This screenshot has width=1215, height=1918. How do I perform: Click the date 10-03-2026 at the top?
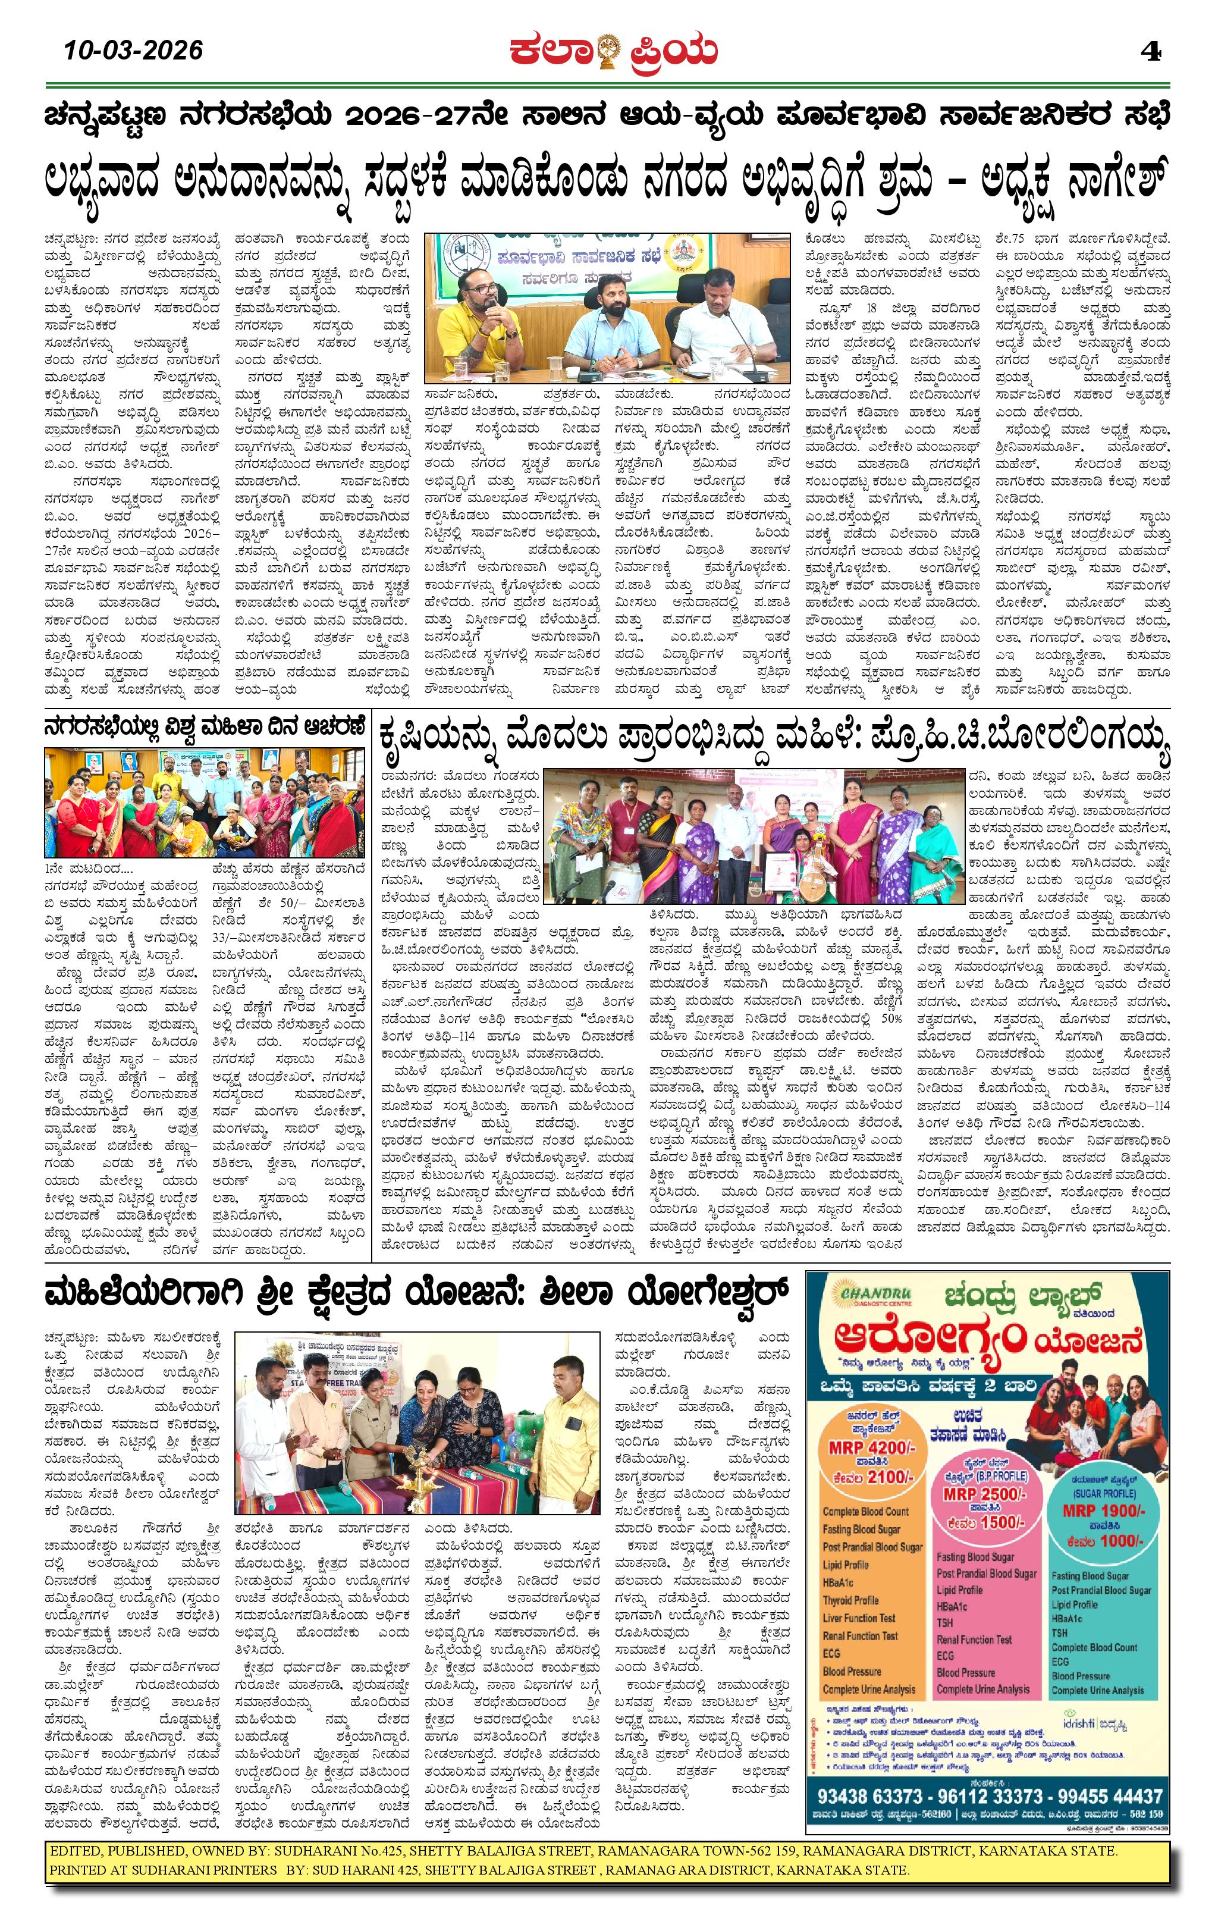[x=134, y=51]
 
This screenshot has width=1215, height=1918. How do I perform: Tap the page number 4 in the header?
[x=1151, y=52]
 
